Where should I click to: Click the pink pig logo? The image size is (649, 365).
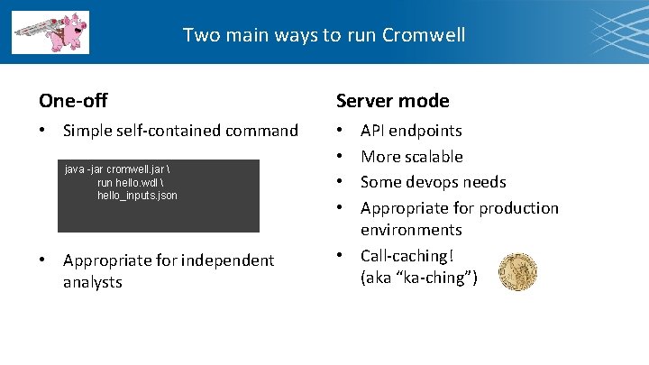51,32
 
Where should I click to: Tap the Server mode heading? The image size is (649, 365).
392,101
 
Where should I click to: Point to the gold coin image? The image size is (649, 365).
516,269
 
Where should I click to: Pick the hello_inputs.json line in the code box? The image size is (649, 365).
137,195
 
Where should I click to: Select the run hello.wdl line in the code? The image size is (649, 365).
133,182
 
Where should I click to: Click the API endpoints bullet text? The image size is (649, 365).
411,131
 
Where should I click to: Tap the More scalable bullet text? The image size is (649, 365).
411,157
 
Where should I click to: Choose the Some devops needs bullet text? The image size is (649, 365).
433,182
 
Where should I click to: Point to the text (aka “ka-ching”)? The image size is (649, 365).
419,278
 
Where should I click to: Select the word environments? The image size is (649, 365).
411,231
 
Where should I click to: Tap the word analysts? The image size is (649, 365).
92,282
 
